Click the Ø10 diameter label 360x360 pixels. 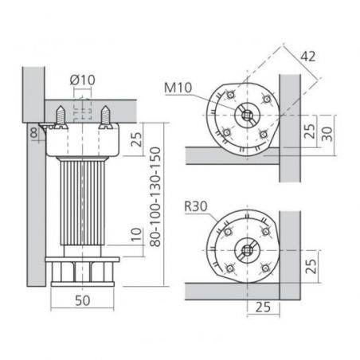click(82, 80)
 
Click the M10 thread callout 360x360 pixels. click(178, 88)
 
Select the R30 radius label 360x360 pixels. click(196, 206)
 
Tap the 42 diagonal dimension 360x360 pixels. click(308, 57)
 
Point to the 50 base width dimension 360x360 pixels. click(83, 300)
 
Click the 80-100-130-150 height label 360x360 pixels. click(155, 197)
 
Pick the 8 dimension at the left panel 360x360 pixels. click(34, 133)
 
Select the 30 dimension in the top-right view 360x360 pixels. click(327, 134)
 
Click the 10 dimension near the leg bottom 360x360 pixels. click(136, 234)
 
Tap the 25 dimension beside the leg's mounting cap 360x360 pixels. click(137, 139)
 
